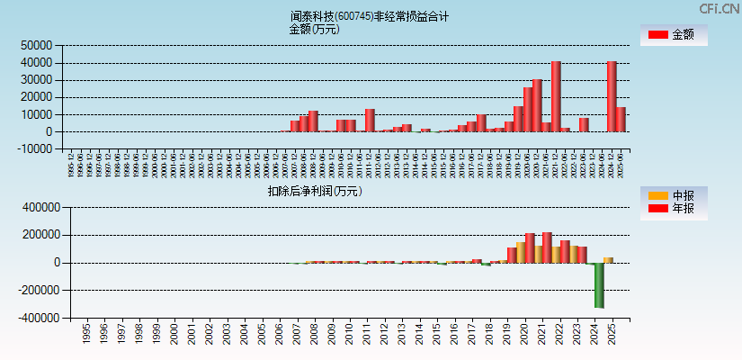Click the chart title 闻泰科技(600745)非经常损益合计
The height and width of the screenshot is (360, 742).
370,16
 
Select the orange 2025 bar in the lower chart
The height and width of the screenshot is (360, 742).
608,260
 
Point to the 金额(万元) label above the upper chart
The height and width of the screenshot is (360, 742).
314,29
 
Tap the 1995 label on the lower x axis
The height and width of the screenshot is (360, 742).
86,334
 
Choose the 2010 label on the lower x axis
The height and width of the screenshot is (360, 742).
348,334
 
